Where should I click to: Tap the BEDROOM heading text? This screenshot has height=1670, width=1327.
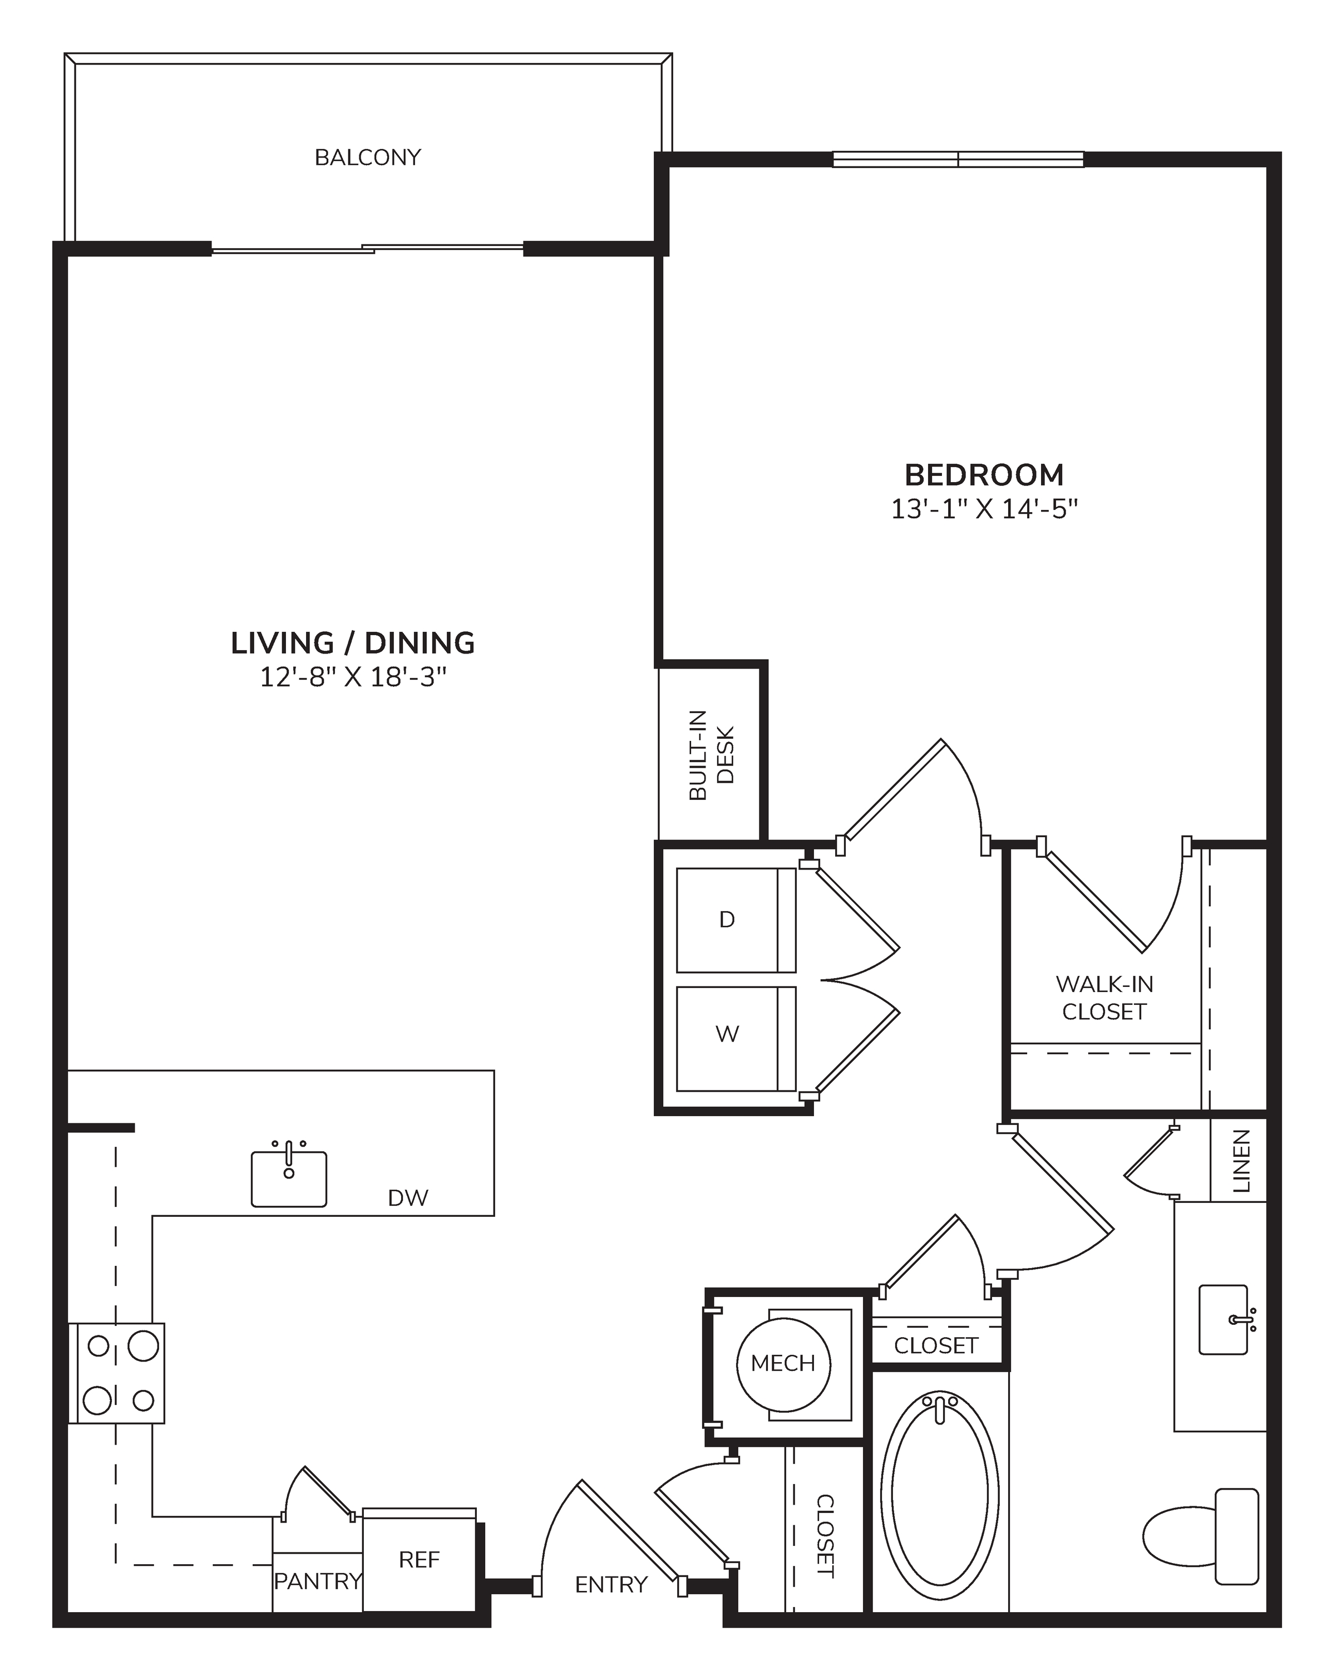click(x=984, y=474)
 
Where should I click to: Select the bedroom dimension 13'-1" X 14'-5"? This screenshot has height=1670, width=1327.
click(x=984, y=509)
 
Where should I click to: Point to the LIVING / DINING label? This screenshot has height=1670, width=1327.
click(x=353, y=643)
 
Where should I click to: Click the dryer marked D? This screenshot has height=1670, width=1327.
click(x=736, y=920)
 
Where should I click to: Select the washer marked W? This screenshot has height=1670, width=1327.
click(x=736, y=1039)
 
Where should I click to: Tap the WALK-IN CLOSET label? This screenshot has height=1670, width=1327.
click(x=1104, y=998)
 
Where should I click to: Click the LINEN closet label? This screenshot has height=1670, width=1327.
click(x=1240, y=1160)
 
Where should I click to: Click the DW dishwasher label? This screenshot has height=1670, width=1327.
click(x=408, y=1199)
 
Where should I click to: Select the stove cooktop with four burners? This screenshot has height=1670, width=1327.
click(x=117, y=1373)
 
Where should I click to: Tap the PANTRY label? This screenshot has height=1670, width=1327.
click(x=318, y=1581)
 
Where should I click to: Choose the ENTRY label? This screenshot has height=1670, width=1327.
click(x=611, y=1585)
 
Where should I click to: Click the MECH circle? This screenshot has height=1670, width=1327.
click(x=783, y=1364)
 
